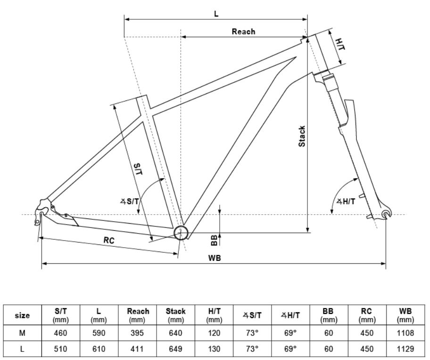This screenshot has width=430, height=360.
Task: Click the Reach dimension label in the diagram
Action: tap(243, 32)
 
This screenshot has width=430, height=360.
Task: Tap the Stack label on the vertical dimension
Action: tap(302, 136)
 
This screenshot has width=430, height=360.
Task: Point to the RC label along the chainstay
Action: tap(109, 240)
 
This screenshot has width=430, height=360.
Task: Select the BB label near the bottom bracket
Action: tap(214, 240)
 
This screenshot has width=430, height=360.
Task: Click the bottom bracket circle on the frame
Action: tap(181, 233)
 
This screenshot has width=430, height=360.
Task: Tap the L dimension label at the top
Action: tap(216, 14)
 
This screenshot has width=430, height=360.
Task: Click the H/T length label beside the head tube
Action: tap(339, 45)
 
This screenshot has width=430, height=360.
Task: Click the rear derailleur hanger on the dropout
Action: tap(41, 215)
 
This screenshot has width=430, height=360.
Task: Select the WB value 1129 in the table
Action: tap(405, 349)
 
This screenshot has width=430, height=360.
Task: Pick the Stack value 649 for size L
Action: tap(176, 349)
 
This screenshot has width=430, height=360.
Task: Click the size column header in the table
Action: tap(23, 315)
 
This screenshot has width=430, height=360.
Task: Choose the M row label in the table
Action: tap(23, 333)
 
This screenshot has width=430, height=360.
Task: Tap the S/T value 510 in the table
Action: tap(61, 349)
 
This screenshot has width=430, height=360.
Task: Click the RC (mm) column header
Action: tap(367, 315)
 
